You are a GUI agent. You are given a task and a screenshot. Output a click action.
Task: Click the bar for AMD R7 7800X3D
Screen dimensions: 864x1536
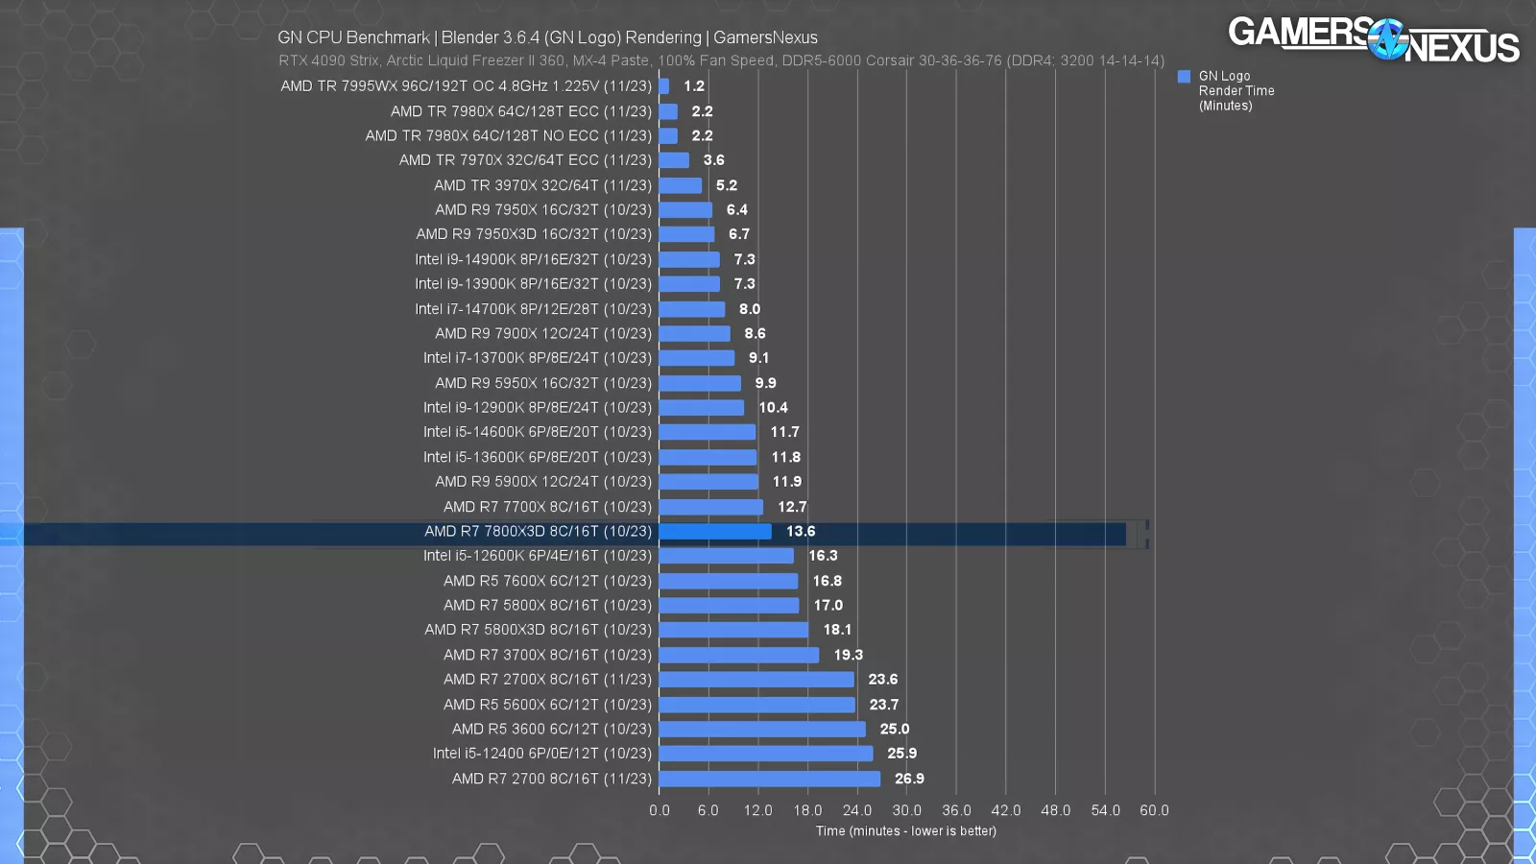click(x=715, y=531)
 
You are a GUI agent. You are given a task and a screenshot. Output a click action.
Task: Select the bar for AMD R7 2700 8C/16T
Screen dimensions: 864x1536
click(x=770, y=779)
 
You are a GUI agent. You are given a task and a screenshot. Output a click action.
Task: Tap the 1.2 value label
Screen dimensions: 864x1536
click(x=694, y=86)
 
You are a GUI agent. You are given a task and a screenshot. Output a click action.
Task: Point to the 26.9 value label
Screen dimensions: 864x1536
click(x=909, y=779)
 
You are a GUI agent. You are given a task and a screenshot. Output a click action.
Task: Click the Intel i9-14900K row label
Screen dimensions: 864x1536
click(x=533, y=259)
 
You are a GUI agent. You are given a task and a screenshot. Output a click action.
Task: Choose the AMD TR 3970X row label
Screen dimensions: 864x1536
click(x=542, y=185)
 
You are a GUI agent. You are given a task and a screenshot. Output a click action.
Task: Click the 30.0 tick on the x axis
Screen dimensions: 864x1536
click(x=906, y=810)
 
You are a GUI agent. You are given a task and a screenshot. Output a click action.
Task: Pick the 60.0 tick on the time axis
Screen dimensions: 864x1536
click(x=1154, y=810)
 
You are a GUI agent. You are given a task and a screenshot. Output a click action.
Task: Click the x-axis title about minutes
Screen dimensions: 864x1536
click(x=906, y=831)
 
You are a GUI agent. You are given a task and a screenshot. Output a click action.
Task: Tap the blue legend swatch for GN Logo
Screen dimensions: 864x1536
click(x=1184, y=77)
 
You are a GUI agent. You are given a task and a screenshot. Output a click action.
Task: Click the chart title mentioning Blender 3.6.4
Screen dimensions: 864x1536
click(x=547, y=37)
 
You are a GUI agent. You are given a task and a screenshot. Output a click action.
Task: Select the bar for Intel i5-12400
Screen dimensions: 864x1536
click(x=766, y=754)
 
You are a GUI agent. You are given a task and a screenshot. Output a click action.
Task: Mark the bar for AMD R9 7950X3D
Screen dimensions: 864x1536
click(x=686, y=234)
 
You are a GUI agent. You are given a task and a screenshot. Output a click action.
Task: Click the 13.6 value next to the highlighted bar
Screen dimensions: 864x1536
click(x=801, y=531)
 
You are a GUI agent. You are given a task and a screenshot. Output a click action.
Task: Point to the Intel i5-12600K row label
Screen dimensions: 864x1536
click(x=537, y=556)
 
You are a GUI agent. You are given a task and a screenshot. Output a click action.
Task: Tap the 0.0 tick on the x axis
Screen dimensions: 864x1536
click(x=660, y=810)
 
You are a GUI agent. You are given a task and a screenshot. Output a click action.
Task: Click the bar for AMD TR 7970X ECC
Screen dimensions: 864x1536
click(x=674, y=160)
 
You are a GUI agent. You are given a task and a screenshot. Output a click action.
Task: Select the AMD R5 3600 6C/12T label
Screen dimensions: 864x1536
click(x=551, y=729)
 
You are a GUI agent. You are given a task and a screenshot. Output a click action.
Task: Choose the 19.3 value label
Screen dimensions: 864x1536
click(x=848, y=655)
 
